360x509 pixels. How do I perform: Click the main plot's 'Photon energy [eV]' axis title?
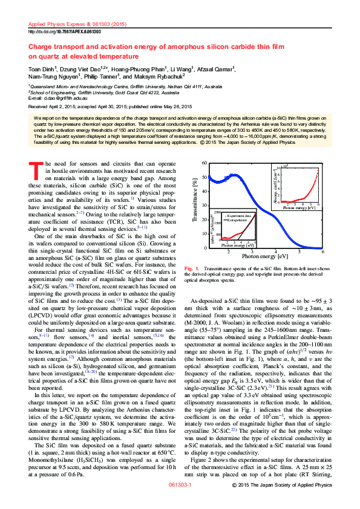[x=264, y=256]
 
